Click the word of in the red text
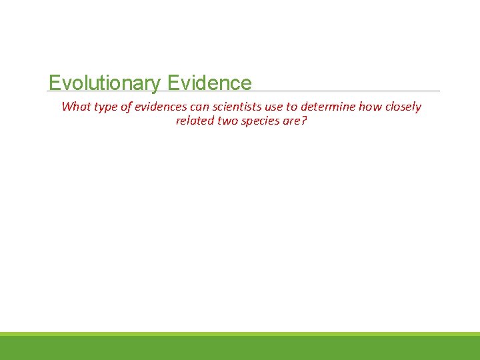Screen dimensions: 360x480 127,107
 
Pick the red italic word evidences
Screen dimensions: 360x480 161,107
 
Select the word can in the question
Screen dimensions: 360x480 199,107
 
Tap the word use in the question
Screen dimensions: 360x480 274,107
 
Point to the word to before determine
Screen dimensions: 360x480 292,107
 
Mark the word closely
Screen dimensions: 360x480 403,107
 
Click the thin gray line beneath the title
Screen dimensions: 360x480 347,91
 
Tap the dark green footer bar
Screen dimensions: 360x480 240,348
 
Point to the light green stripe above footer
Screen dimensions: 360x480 240,333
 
